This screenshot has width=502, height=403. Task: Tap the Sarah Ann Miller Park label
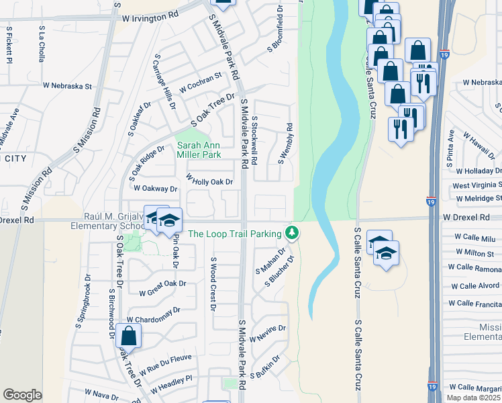(x=198, y=150)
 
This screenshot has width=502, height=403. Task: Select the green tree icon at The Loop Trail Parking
(x=291, y=232)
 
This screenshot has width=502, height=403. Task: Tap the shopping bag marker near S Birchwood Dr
(x=128, y=336)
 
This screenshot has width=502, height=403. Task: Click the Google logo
(x=23, y=394)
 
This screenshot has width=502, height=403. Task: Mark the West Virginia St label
(x=476, y=185)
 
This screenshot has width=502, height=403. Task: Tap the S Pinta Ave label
(x=450, y=149)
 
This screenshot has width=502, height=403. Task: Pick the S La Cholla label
(x=42, y=44)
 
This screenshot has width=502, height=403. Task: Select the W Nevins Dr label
(x=268, y=333)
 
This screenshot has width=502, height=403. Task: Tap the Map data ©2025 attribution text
(x=473, y=398)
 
